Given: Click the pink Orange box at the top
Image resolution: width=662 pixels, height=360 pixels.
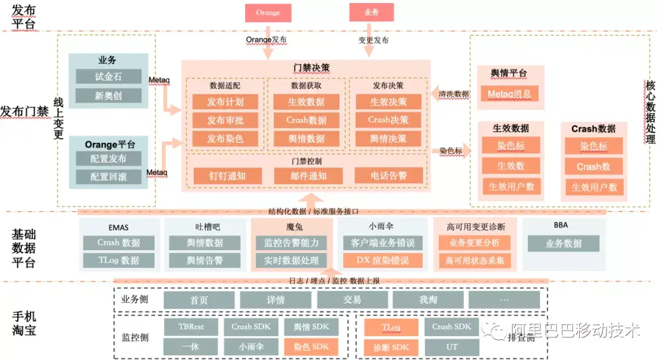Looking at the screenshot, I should [x=268, y=13].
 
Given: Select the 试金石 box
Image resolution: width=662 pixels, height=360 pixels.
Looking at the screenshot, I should [x=108, y=77].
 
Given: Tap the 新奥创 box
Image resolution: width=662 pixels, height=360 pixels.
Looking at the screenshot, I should [x=108, y=96].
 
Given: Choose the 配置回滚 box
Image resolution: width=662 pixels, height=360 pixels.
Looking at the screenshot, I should [x=108, y=177].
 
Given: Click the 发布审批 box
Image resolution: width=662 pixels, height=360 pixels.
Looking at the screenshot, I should [x=225, y=120].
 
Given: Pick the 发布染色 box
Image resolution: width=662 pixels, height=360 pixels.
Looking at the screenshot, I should [x=225, y=139].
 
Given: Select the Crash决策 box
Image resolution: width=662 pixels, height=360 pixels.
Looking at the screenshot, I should [x=388, y=120].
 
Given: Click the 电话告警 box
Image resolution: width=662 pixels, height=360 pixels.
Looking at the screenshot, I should [x=389, y=175].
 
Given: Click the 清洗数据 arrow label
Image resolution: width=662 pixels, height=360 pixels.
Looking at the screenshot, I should [x=454, y=94].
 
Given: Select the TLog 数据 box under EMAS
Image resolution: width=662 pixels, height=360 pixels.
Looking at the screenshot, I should [x=119, y=260].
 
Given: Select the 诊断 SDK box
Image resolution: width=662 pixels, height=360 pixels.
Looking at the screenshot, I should [x=391, y=347].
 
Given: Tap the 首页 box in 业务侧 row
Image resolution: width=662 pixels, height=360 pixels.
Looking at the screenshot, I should [x=199, y=300].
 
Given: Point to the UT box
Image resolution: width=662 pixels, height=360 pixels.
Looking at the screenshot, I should [x=452, y=347].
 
